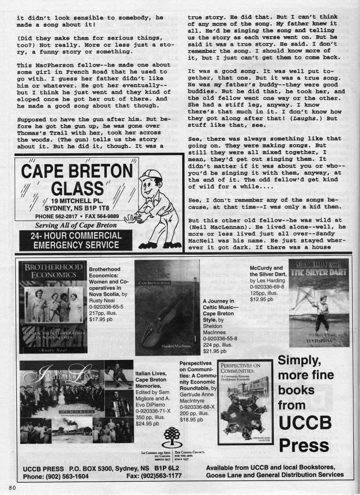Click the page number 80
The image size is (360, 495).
[x=11, y=487]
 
